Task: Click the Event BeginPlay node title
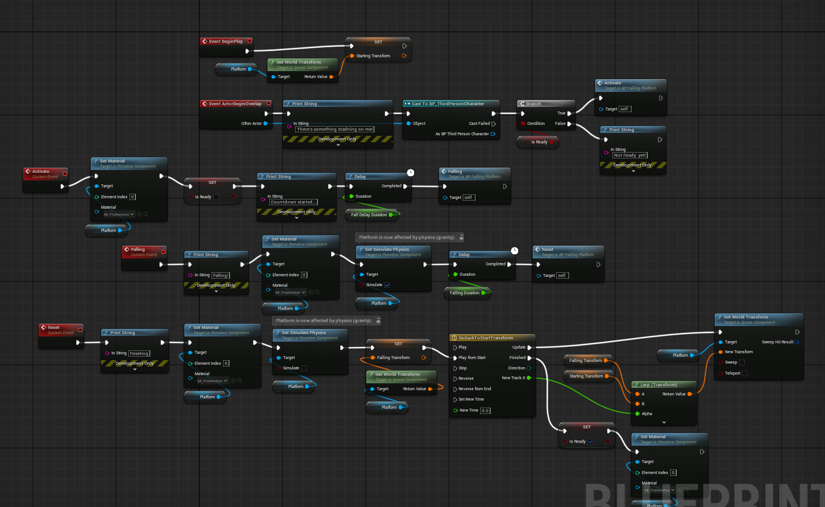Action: click(226, 42)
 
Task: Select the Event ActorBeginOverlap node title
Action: click(235, 104)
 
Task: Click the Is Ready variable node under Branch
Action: click(538, 142)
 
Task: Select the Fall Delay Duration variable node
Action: click(369, 215)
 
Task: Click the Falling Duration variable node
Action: click(464, 293)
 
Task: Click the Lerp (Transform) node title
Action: click(658, 385)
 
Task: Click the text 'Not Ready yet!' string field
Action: click(630, 156)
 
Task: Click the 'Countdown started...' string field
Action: click(292, 202)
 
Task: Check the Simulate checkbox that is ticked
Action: click(387, 285)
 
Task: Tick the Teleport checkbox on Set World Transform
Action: click(744, 373)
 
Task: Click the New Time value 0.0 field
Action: click(485, 411)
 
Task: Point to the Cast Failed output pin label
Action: click(479, 124)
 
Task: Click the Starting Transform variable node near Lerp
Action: click(586, 376)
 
